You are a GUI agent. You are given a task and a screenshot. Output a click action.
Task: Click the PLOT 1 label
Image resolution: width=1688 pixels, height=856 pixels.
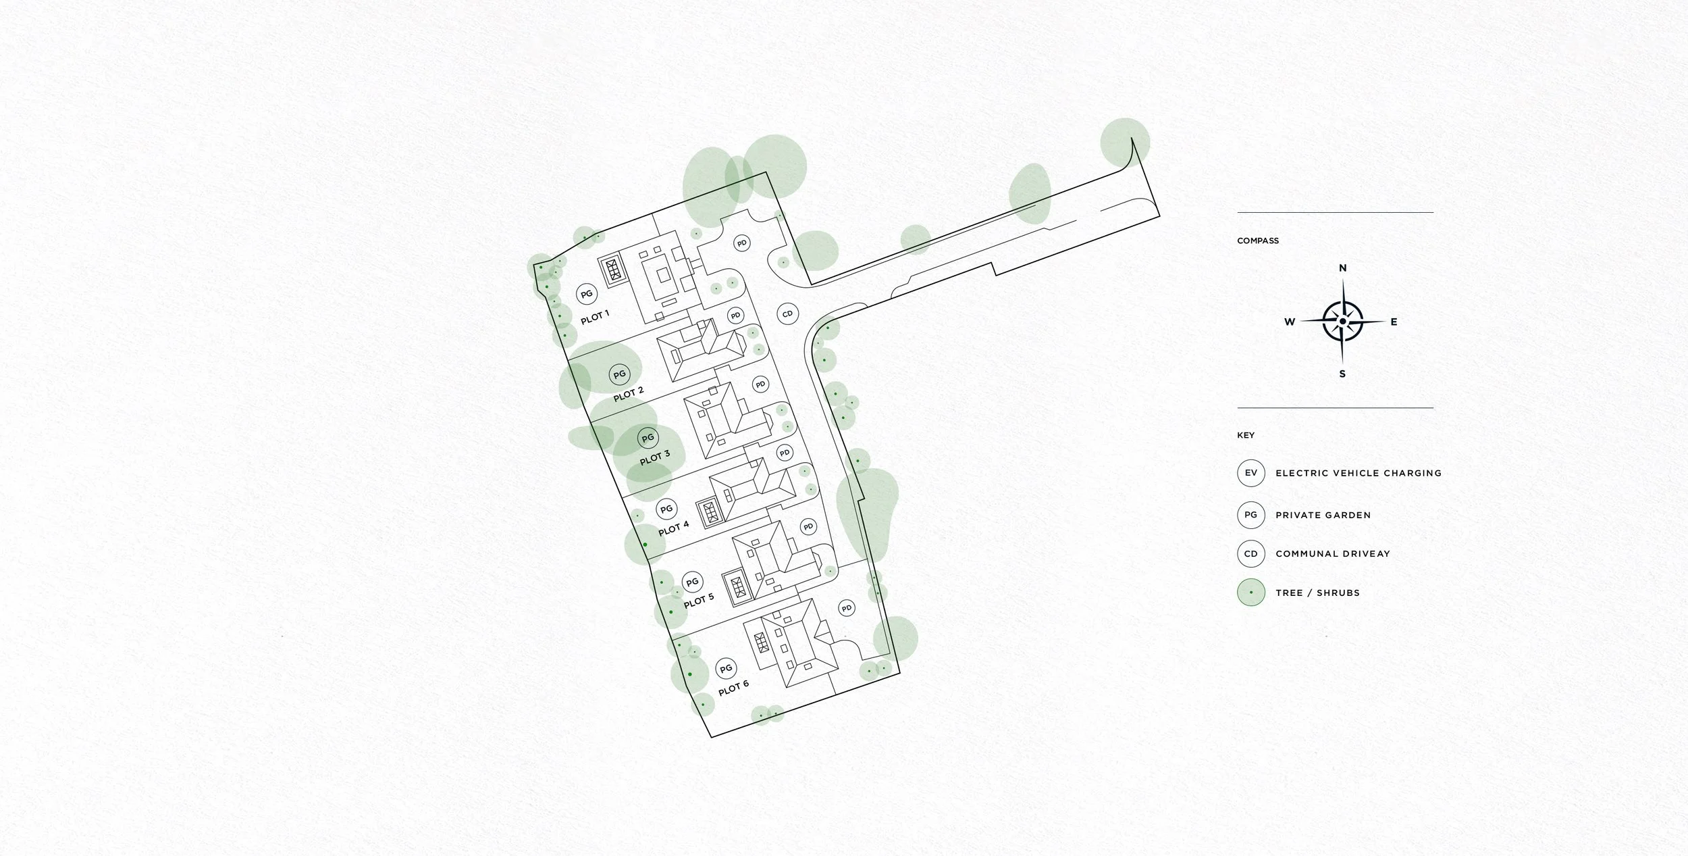595,316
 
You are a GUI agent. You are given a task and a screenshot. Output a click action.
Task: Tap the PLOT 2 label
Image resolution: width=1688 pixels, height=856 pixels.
629,394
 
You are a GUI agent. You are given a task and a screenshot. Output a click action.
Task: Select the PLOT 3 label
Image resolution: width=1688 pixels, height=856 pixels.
655,457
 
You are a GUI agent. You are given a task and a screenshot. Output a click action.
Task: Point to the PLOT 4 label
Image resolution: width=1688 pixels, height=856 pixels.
674,527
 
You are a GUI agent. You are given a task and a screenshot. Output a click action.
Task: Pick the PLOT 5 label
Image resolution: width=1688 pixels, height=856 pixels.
699,600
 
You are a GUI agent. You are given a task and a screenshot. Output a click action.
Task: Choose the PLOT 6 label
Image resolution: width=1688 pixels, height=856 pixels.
733,688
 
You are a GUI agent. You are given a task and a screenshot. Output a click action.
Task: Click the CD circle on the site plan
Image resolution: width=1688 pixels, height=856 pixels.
787,314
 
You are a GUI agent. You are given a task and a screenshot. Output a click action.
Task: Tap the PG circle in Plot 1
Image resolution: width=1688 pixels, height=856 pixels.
587,294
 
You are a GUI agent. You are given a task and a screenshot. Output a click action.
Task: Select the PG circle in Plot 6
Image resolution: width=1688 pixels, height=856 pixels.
726,669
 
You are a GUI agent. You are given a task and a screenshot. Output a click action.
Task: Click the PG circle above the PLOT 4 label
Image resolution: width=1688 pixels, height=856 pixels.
666,509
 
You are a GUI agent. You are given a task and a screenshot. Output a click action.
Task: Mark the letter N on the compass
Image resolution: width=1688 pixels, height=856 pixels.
1343,268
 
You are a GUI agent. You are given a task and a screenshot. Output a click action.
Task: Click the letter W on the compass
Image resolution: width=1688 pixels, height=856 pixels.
1290,322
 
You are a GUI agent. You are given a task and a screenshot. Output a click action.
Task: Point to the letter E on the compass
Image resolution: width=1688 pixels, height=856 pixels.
1394,322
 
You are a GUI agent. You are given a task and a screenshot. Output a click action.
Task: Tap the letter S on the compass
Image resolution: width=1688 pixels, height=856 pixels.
1342,374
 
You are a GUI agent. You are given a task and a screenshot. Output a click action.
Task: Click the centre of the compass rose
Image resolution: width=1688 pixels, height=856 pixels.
1342,322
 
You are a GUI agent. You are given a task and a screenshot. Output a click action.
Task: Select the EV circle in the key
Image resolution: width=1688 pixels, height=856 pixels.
1250,473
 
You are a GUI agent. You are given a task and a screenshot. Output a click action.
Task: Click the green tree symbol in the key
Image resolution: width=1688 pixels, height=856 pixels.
1250,593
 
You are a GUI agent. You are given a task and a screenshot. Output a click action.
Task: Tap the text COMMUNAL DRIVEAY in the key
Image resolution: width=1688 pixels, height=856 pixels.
1333,554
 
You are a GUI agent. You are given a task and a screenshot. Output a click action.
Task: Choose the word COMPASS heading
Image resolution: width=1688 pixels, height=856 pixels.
1258,241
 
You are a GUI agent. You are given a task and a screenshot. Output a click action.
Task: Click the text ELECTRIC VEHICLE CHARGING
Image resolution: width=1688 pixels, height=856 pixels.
1359,473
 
